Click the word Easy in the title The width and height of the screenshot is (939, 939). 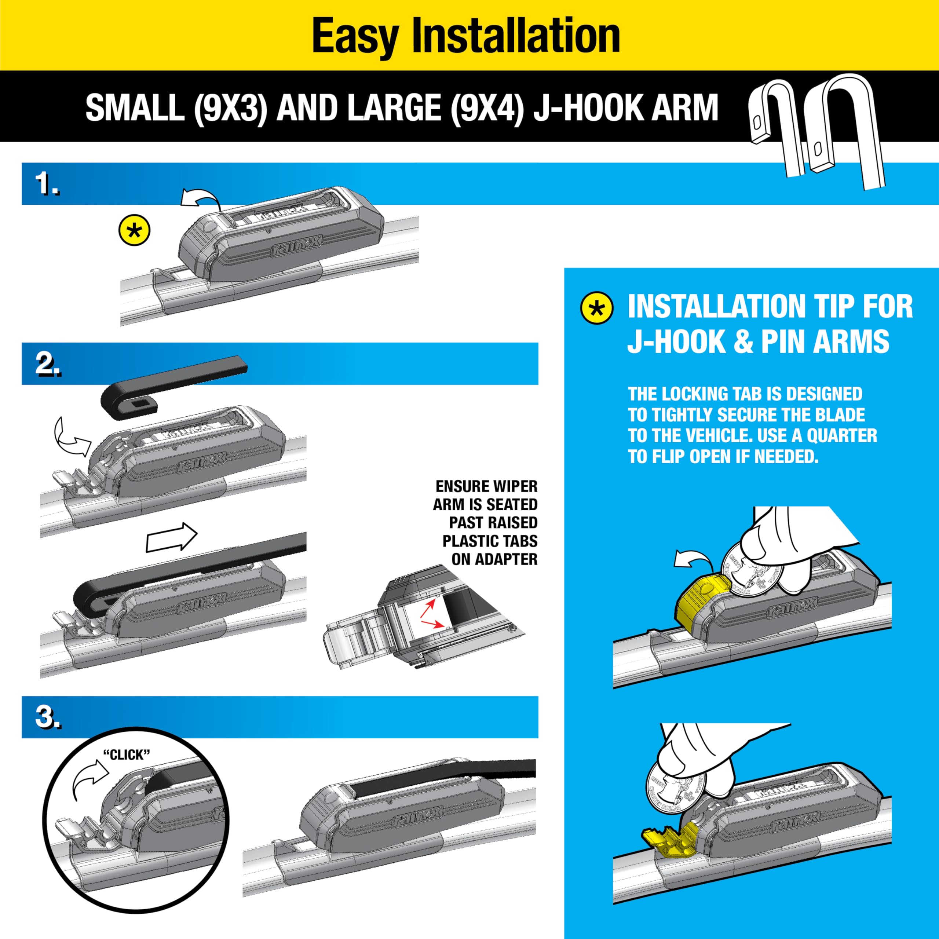pyautogui.click(x=355, y=36)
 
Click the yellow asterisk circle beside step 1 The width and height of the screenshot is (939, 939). pyautogui.click(x=134, y=230)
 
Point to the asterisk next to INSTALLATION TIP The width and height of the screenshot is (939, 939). pyautogui.click(x=597, y=308)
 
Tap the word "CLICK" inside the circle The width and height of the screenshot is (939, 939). pyautogui.click(x=127, y=755)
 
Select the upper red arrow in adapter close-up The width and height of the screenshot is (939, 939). pyautogui.click(x=428, y=605)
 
